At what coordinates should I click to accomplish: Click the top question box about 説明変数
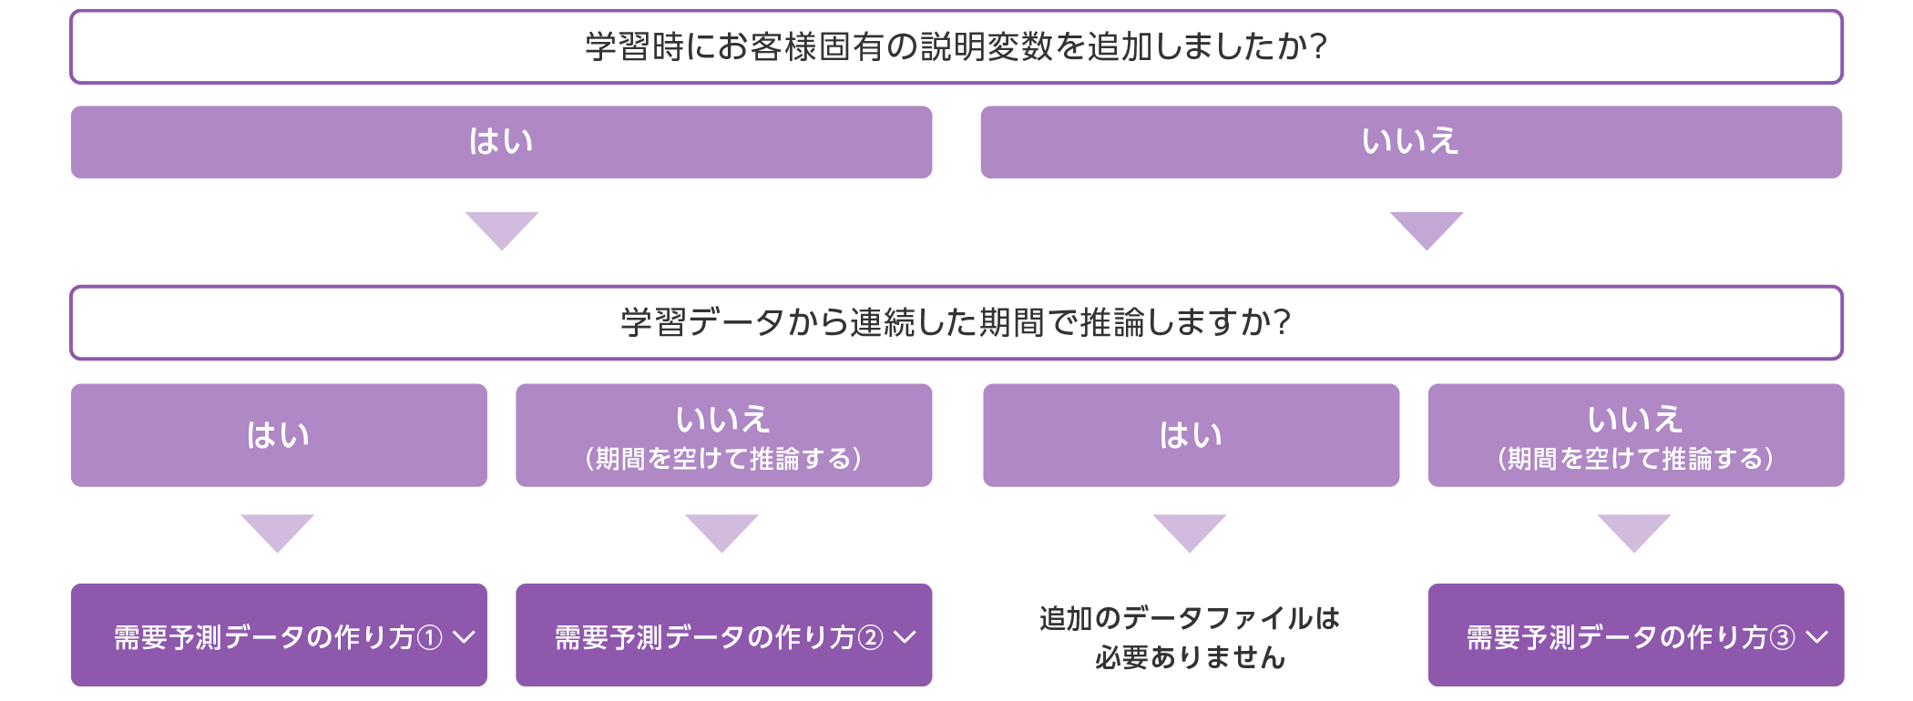[956, 46]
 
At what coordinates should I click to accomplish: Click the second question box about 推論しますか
[956, 323]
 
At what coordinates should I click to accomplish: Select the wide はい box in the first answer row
[501, 142]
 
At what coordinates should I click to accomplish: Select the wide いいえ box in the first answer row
[1411, 142]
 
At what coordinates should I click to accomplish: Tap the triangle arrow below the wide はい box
[502, 229]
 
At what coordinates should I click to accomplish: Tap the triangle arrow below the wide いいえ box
[1427, 229]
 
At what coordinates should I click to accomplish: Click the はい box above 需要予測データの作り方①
[279, 435]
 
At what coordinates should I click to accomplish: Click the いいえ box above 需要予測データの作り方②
[723, 435]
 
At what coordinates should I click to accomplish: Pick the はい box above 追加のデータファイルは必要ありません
[1191, 435]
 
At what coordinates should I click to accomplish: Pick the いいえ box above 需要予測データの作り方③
[1635, 435]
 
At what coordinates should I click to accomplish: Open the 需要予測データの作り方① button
[279, 635]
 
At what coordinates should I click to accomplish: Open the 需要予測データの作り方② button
[723, 635]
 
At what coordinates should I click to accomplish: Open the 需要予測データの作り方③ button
[1635, 635]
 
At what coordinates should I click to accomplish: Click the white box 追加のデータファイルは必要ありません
[1191, 635]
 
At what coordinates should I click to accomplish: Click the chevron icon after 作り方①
[465, 637]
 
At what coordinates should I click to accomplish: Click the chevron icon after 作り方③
[1816, 637]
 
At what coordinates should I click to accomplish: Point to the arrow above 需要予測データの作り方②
[721, 532]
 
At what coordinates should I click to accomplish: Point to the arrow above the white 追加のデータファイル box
[1190, 532]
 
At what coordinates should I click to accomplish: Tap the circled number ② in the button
[871, 637]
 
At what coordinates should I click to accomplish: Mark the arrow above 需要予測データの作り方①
[277, 532]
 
